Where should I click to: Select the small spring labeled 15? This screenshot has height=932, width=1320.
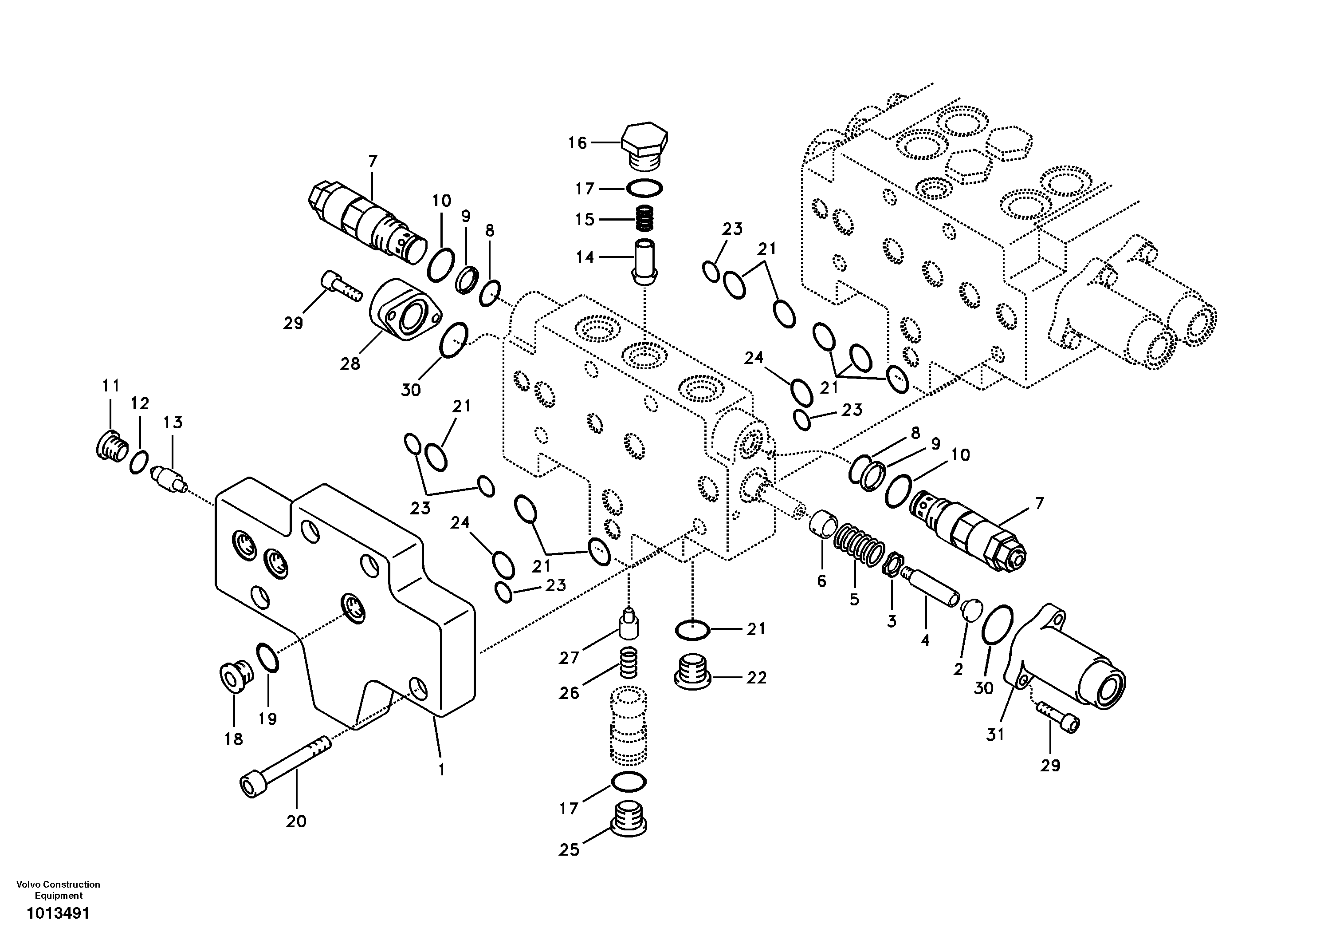click(x=645, y=219)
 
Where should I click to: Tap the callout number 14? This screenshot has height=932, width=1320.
click(x=585, y=257)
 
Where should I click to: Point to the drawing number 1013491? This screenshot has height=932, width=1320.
click(x=58, y=913)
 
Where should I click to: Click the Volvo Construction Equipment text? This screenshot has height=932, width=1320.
click(x=58, y=889)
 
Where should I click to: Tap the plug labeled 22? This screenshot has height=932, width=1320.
click(x=692, y=671)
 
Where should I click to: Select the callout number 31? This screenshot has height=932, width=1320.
click(x=995, y=735)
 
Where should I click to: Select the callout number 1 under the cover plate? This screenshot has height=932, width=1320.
click(x=441, y=770)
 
